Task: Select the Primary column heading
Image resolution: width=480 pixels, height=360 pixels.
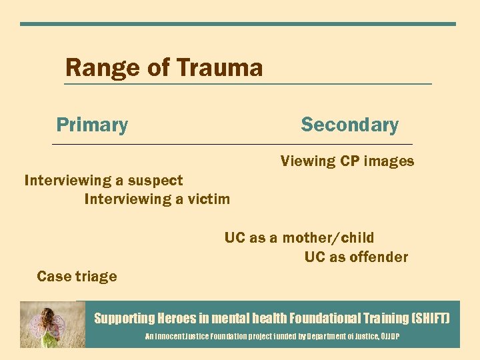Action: pyautogui.click(x=92, y=125)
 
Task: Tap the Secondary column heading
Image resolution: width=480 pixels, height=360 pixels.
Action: pyautogui.click(x=349, y=125)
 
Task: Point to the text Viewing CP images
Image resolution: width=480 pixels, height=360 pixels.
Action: pyautogui.click(x=347, y=161)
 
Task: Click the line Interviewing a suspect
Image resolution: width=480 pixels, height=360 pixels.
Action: pyautogui.click(x=103, y=180)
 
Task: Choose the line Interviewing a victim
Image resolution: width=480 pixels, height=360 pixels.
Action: pyautogui.click(x=157, y=199)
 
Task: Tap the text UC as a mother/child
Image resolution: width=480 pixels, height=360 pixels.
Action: pyautogui.click(x=299, y=237)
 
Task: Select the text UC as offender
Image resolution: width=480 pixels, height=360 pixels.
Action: pyautogui.click(x=356, y=257)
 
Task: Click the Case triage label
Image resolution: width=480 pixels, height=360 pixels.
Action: pyautogui.click(x=77, y=276)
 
